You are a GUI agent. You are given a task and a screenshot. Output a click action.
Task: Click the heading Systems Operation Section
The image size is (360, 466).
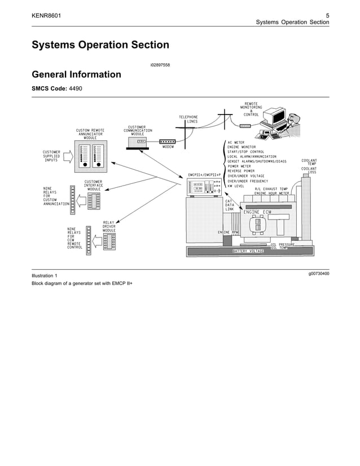tap(100, 45)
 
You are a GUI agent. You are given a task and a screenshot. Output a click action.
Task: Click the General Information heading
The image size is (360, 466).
tap(76, 74)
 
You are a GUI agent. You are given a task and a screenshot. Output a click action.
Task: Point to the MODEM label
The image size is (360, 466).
tap(168, 147)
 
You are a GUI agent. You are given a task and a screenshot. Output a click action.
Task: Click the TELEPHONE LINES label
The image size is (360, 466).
tap(188, 119)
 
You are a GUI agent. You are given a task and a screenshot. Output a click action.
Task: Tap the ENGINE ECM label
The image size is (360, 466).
tap(257, 212)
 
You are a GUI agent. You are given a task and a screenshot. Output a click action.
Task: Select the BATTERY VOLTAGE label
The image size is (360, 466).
tap(248, 251)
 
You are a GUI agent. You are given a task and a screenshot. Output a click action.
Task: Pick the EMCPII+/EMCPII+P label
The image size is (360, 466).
tap(204, 175)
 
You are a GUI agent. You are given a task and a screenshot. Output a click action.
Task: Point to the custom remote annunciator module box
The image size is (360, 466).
tap(90, 156)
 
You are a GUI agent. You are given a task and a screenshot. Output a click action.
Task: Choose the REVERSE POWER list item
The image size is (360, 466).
tap(241, 171)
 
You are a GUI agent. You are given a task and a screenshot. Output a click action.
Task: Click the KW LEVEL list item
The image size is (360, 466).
tap(239, 186)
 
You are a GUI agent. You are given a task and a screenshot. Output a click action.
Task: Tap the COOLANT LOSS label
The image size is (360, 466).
tap(309, 170)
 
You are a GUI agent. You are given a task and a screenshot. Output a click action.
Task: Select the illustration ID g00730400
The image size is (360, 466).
tap(319, 274)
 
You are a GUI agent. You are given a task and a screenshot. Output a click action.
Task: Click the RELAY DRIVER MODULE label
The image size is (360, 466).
tap(109, 226)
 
